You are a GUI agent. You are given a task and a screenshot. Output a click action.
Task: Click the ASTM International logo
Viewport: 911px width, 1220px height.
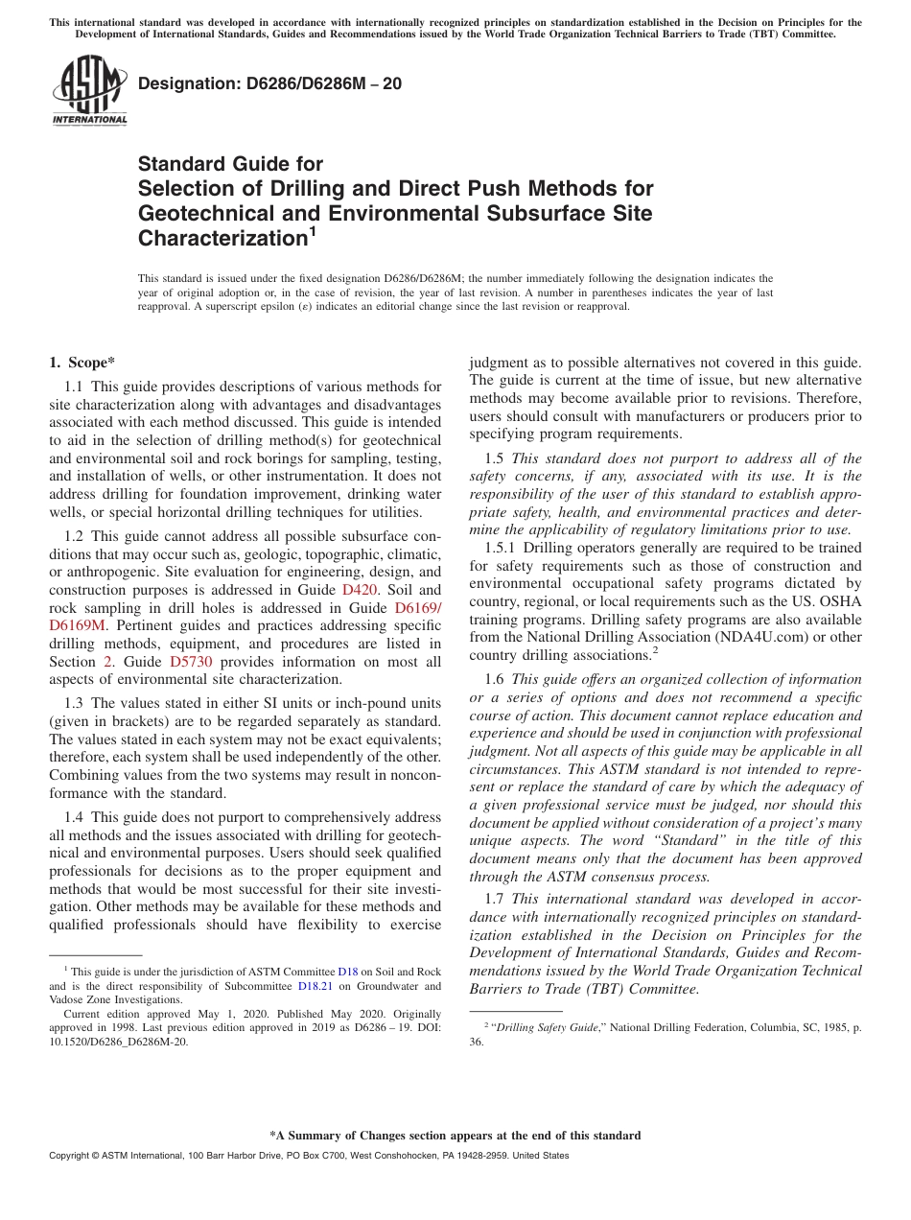tap(89, 90)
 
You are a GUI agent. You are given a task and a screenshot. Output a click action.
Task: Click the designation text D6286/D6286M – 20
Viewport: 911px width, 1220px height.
tap(269, 83)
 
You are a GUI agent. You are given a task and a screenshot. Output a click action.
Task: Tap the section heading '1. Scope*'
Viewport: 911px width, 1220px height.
tap(82, 362)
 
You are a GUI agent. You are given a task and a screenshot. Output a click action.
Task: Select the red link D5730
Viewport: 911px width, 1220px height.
tap(191, 662)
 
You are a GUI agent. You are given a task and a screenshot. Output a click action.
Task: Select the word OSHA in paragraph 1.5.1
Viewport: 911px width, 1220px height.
tap(842, 601)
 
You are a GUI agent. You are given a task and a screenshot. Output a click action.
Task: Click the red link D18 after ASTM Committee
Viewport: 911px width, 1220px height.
tap(348, 972)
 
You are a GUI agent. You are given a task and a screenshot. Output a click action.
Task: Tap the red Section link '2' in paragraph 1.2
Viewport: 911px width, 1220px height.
tap(107, 662)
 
